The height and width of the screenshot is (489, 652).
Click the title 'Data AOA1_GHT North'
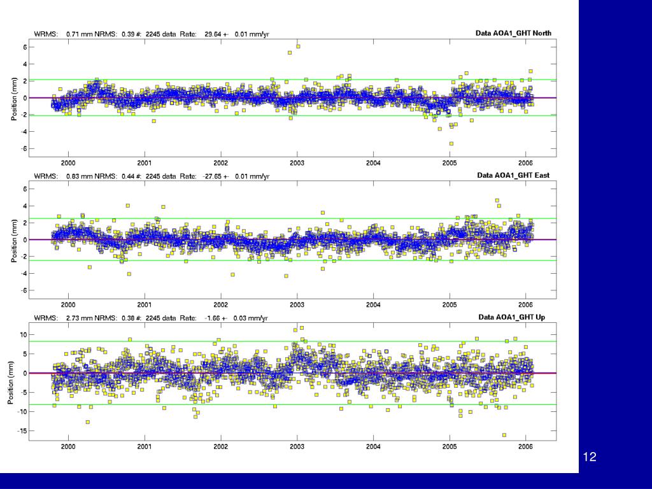(x=513, y=33)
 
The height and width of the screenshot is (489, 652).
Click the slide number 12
(x=590, y=457)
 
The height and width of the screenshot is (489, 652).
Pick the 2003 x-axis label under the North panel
(x=297, y=163)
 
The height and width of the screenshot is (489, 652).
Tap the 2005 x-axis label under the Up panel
(x=450, y=446)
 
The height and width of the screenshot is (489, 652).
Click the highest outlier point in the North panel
(x=298, y=46)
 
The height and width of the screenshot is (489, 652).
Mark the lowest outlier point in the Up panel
(x=504, y=435)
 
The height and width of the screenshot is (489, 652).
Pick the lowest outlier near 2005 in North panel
(x=451, y=144)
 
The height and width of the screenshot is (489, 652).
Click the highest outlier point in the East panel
(x=497, y=201)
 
